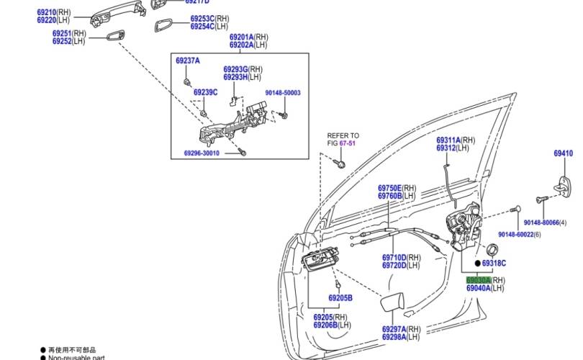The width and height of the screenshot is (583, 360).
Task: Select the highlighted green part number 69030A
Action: [478, 280]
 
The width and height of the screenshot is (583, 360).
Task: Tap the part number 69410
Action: [563, 153]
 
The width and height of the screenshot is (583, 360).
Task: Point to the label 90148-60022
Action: [521, 235]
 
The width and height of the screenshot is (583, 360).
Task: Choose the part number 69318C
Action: [490, 264]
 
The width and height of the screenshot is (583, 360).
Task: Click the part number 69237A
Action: [187, 60]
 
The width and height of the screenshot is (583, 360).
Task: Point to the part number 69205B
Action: [340, 297]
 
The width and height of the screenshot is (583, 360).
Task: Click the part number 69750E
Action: [391, 188]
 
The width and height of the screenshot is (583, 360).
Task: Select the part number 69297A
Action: [394, 329]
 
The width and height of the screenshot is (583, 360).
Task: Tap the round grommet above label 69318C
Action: [492, 250]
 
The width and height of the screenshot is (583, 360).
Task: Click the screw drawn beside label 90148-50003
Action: [283, 113]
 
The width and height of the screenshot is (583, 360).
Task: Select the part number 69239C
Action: [205, 92]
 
